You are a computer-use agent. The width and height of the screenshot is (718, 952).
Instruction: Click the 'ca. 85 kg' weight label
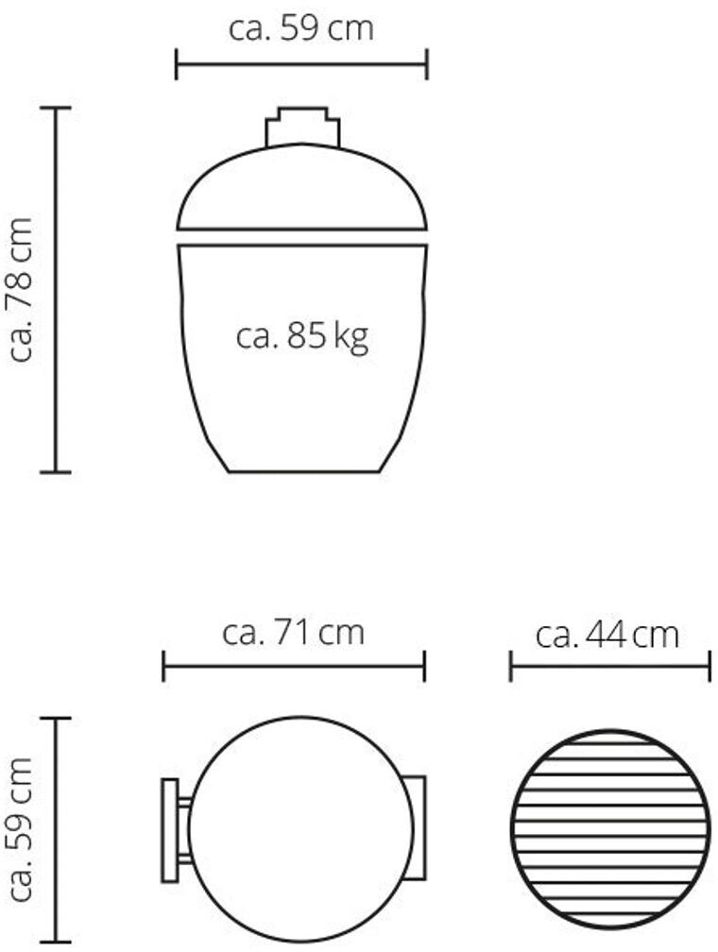[x=302, y=337]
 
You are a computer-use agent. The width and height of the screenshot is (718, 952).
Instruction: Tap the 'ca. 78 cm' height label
[x=20, y=290]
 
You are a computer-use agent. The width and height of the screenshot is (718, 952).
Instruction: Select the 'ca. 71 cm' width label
[x=294, y=633]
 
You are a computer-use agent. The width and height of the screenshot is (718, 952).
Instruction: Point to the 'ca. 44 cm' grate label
[x=607, y=635]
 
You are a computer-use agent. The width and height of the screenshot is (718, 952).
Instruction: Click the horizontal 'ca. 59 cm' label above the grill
[x=301, y=28]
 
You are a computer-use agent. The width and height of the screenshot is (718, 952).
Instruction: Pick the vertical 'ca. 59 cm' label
[x=20, y=829]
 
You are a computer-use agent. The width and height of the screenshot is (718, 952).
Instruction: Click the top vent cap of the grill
[x=302, y=127]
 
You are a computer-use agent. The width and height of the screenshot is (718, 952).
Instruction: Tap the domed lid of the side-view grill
[x=302, y=186]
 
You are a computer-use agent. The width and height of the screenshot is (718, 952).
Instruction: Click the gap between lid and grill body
[x=302, y=237]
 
